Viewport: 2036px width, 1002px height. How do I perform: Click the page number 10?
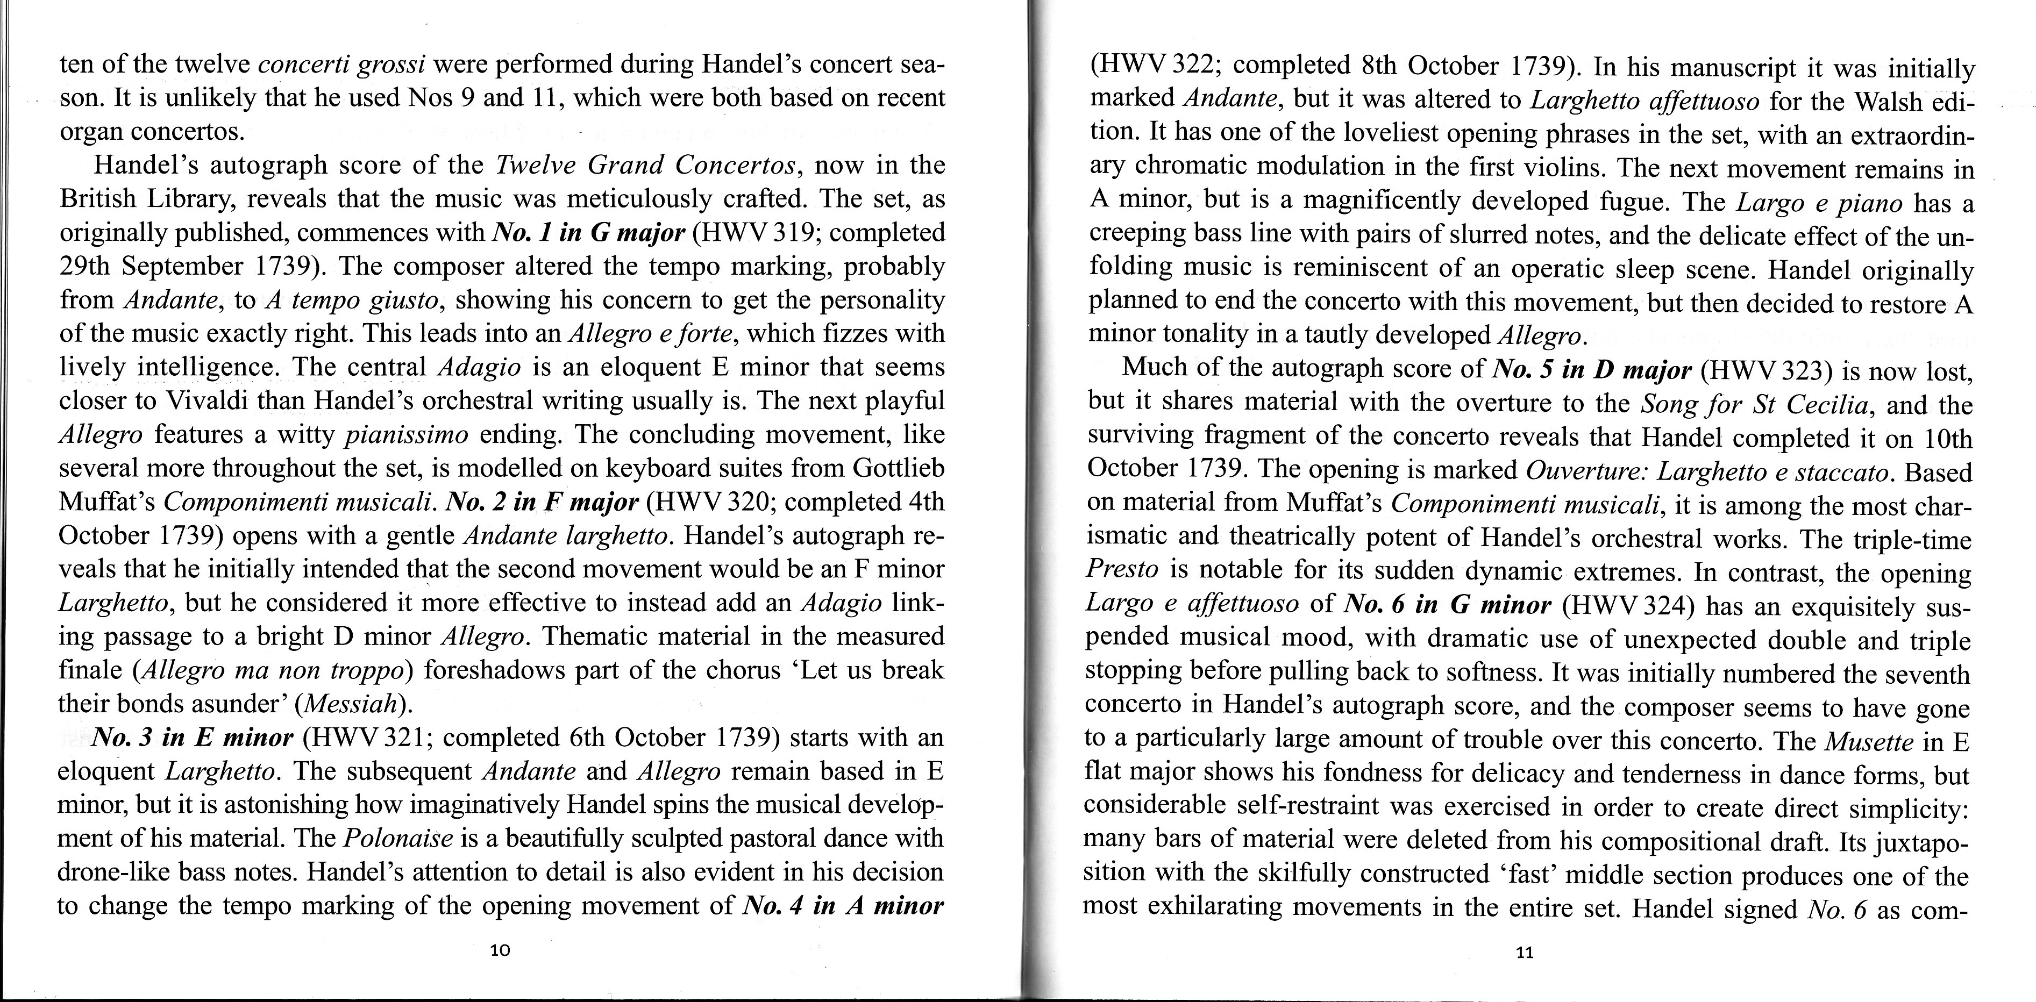coord(500,950)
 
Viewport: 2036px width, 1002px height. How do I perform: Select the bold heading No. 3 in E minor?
coord(193,738)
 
